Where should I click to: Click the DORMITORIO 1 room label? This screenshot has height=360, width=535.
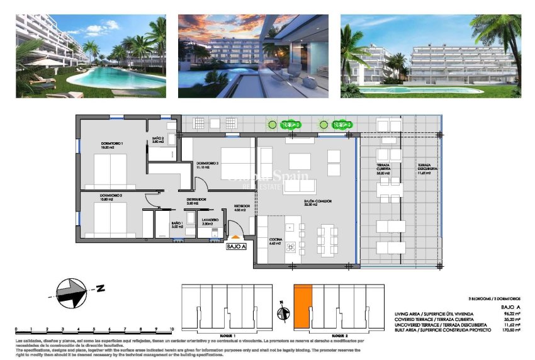pos(112,144)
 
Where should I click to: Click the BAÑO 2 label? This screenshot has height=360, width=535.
pos(158,139)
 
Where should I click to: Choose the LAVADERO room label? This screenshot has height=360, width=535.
pos(210,220)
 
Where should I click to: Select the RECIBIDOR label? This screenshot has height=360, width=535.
pos(242,206)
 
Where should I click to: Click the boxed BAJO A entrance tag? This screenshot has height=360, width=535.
pos(237,247)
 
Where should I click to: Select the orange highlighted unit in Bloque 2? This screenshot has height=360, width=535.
pos(303,305)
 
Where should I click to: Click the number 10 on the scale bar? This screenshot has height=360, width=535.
pos(171,329)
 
